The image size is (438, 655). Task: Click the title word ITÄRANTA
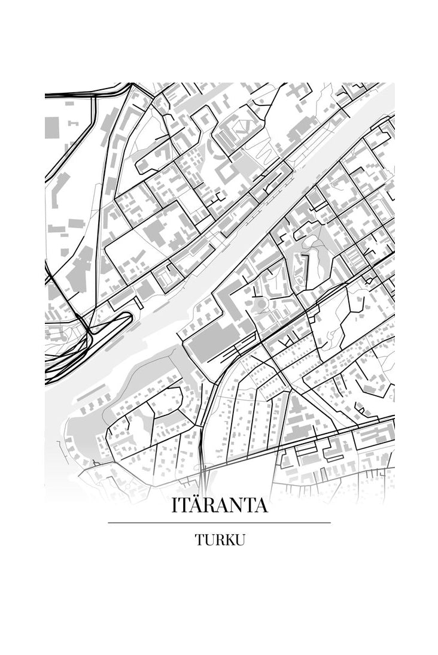[219, 505]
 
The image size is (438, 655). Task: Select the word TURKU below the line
[219, 539]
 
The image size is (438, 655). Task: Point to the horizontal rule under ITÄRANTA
[219, 523]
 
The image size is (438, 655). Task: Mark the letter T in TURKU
[199, 539]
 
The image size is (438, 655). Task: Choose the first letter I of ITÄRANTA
[174, 505]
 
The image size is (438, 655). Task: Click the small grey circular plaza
[261, 305]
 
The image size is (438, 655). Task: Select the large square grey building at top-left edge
[51, 128]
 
